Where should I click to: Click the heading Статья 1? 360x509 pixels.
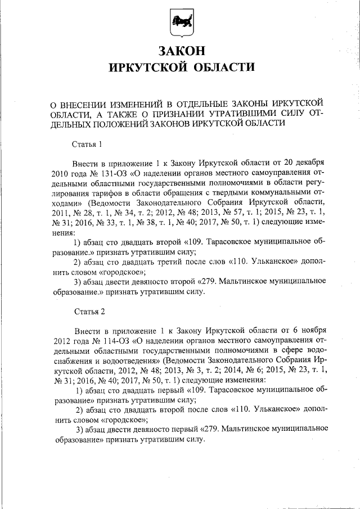pyautogui.click(x=88, y=144)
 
